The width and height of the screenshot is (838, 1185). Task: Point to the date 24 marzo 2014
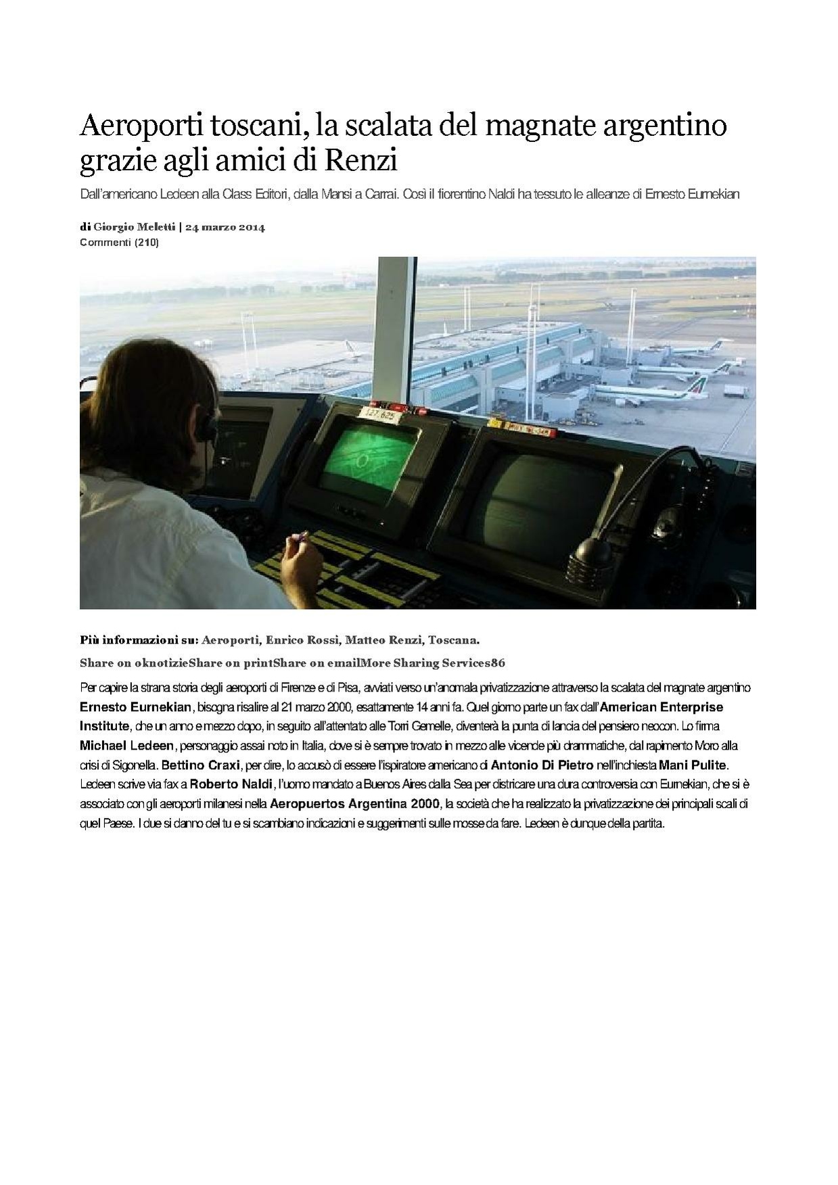[x=225, y=227]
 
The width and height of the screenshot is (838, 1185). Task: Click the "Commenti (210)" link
[x=119, y=242]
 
